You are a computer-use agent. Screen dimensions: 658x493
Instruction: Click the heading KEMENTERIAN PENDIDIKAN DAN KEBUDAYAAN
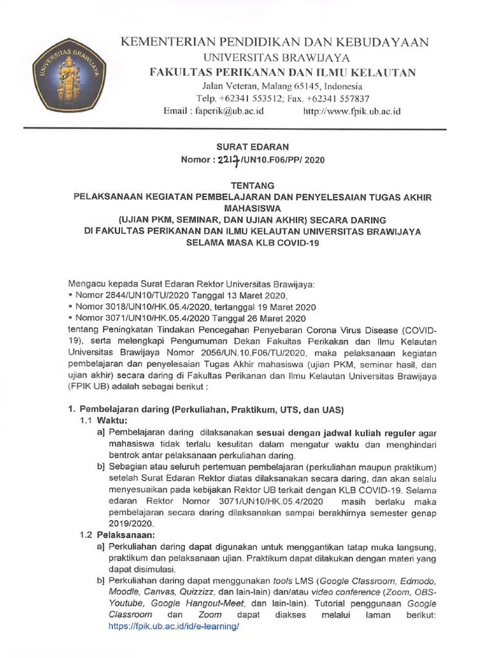coord(275,42)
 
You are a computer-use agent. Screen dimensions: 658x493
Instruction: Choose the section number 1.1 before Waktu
coord(85,420)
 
